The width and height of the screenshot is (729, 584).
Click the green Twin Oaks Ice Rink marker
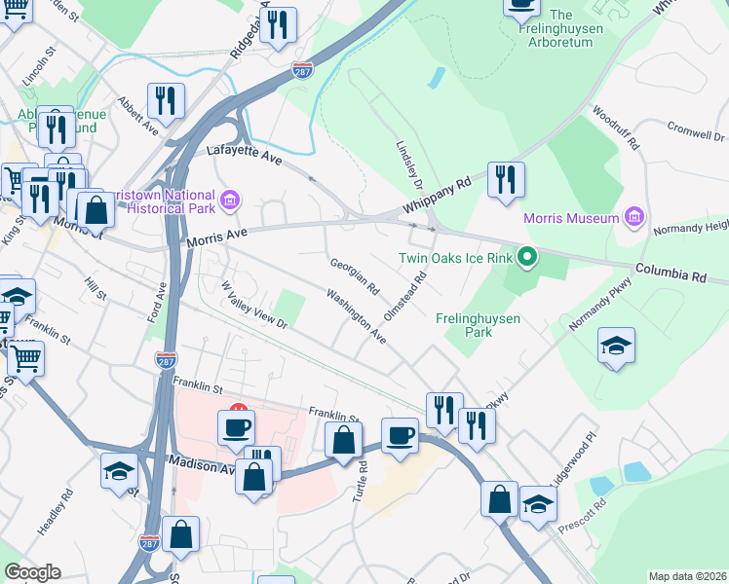[x=527, y=258]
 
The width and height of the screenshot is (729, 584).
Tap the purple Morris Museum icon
[x=633, y=216]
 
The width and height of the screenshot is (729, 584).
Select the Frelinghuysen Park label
[x=478, y=325]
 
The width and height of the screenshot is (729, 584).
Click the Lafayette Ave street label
[x=243, y=152]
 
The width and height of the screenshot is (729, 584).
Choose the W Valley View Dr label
[x=254, y=305]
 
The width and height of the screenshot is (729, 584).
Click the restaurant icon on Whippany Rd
[x=506, y=180]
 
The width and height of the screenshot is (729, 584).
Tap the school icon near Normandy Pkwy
[x=616, y=347]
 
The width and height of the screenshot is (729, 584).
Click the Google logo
[x=32, y=572]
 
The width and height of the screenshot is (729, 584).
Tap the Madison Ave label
[x=202, y=466]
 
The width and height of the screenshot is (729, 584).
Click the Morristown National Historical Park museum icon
[x=231, y=201]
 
